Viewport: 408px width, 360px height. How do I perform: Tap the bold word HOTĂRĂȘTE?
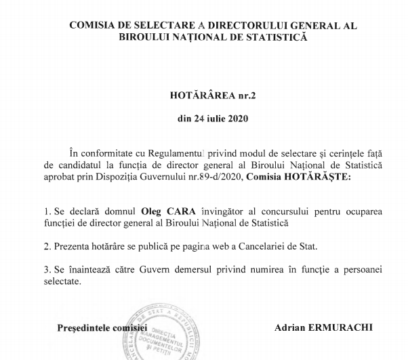[x=321, y=177]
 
